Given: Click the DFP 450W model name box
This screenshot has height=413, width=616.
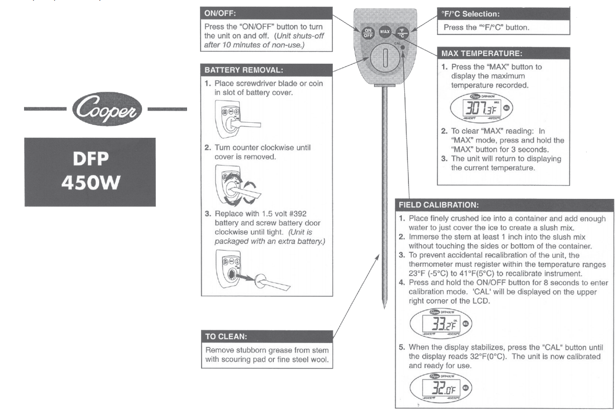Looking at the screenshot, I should pyautogui.click(x=90, y=172).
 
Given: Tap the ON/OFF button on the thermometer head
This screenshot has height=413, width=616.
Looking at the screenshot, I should pyautogui.click(x=368, y=32).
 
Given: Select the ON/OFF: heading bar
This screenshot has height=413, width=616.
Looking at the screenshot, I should pyautogui.click(x=267, y=13).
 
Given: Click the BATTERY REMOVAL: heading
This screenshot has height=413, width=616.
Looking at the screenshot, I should pyautogui.click(x=267, y=69).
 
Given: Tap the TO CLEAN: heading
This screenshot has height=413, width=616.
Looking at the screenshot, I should pyautogui.click(x=267, y=336).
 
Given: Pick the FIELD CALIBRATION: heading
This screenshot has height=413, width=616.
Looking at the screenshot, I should pyautogui.click(x=504, y=205).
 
